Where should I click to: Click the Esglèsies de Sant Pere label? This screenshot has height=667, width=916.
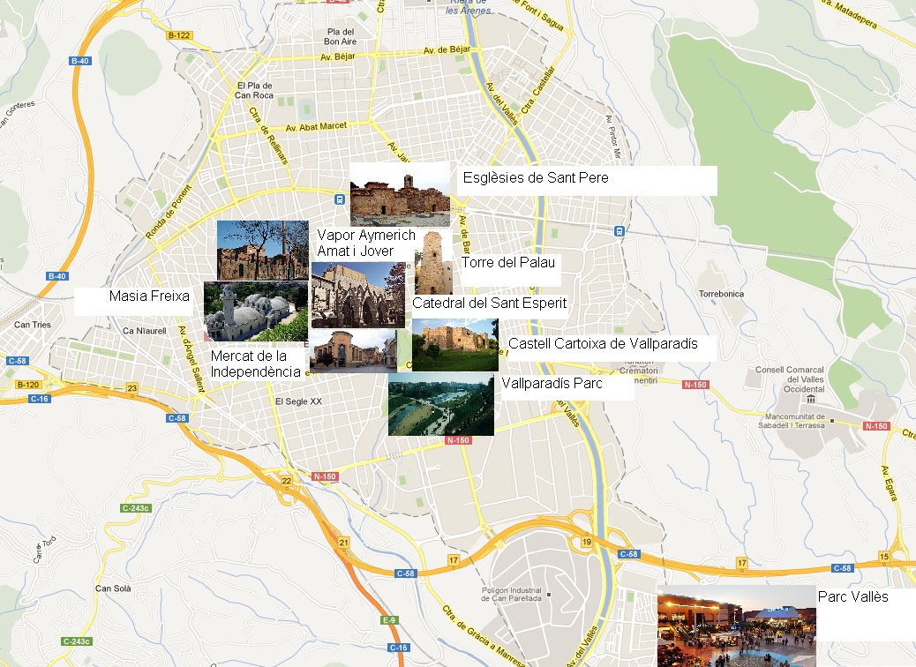coord(536,178)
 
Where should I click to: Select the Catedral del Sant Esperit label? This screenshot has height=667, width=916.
coord(489,304)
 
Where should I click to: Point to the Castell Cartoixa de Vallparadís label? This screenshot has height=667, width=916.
coord(603,344)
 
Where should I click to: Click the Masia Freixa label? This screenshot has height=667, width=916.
coord(149,296)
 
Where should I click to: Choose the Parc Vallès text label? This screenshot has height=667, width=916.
coord(852,597)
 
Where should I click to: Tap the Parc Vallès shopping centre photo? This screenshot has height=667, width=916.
coord(736,626)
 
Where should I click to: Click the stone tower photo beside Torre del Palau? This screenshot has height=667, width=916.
coord(433,263)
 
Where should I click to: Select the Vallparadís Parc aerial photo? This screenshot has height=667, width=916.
coord(441,404)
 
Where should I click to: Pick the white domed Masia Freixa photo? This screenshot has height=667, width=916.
coord(256,311)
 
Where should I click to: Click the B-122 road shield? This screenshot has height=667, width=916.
coord(178,35)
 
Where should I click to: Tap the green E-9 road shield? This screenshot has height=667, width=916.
coord(389,620)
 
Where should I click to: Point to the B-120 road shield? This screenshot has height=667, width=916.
coord(28,385)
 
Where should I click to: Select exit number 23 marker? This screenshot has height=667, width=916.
coord(132,389)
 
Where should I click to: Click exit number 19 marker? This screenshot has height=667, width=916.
coord(586,542)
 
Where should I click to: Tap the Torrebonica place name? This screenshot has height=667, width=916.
coord(721,293)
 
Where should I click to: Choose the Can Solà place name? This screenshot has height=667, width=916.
coord(113,588)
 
